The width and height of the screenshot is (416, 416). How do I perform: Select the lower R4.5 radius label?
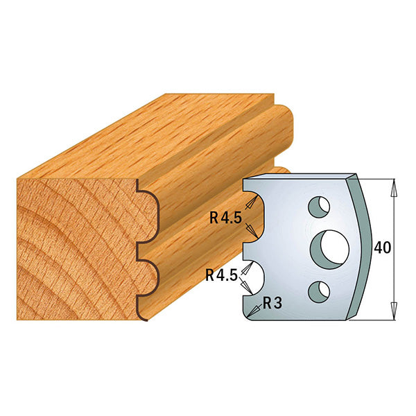(x=221, y=275)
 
